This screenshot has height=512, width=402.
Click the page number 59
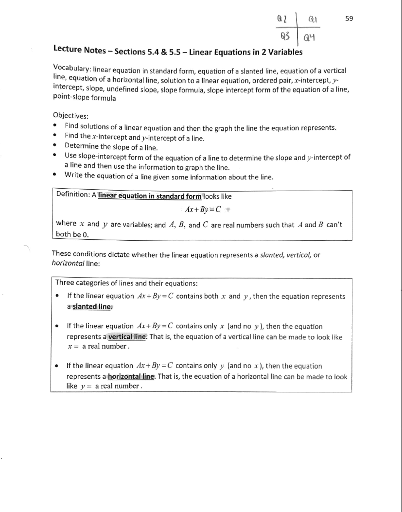[x=349, y=18]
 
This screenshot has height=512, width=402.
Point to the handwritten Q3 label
[x=285, y=36]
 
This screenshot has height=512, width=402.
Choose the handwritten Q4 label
[x=309, y=37]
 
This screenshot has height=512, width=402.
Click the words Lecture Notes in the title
[x=80, y=50]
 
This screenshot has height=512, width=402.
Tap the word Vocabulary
[x=71, y=68]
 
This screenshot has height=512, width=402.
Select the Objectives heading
[x=71, y=116]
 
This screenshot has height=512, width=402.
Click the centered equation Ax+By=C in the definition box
[x=203, y=210]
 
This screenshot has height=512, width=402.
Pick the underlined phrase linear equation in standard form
[x=150, y=196]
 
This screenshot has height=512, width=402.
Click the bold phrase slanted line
[x=91, y=307]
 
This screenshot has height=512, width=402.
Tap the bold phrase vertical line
[x=127, y=336]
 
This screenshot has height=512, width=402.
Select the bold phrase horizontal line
[x=131, y=376]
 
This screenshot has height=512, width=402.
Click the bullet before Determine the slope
[x=54, y=145]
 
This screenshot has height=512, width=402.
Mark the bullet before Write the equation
[x=54, y=175]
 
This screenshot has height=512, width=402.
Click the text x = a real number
[x=98, y=346]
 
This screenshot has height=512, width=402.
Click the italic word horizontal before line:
[x=68, y=263]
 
